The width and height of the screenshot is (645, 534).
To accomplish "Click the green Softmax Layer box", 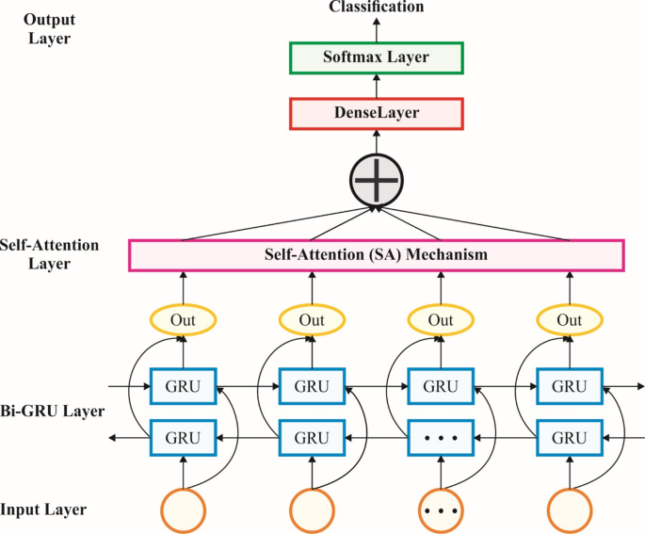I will [376, 57].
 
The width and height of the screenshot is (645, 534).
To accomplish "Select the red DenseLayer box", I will [376, 114].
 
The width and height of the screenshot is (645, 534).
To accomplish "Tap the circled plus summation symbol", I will [376, 178].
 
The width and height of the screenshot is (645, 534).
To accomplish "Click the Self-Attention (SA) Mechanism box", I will [376, 255].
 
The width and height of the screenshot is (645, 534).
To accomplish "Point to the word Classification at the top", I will [376, 8].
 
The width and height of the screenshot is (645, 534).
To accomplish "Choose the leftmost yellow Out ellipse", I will [184, 320].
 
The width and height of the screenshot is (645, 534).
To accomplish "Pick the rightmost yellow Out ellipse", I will [570, 320].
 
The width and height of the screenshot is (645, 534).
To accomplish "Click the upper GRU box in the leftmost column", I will [184, 386].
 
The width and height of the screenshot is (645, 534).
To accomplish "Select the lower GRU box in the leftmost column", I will [184, 437].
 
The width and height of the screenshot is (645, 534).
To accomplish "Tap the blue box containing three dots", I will [441, 437].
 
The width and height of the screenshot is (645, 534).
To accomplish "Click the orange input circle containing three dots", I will [441, 510].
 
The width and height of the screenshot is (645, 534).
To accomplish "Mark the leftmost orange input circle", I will [184, 510].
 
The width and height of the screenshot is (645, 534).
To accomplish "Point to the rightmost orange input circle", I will [570, 510].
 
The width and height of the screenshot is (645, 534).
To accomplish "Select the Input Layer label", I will [43, 510].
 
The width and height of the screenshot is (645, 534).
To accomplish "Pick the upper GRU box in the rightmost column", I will [570, 386].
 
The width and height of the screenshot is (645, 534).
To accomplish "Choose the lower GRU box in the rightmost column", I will [570, 437].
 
